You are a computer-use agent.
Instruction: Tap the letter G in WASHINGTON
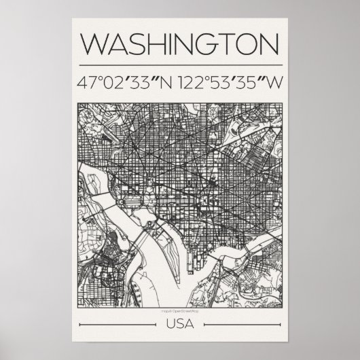[206, 44]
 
